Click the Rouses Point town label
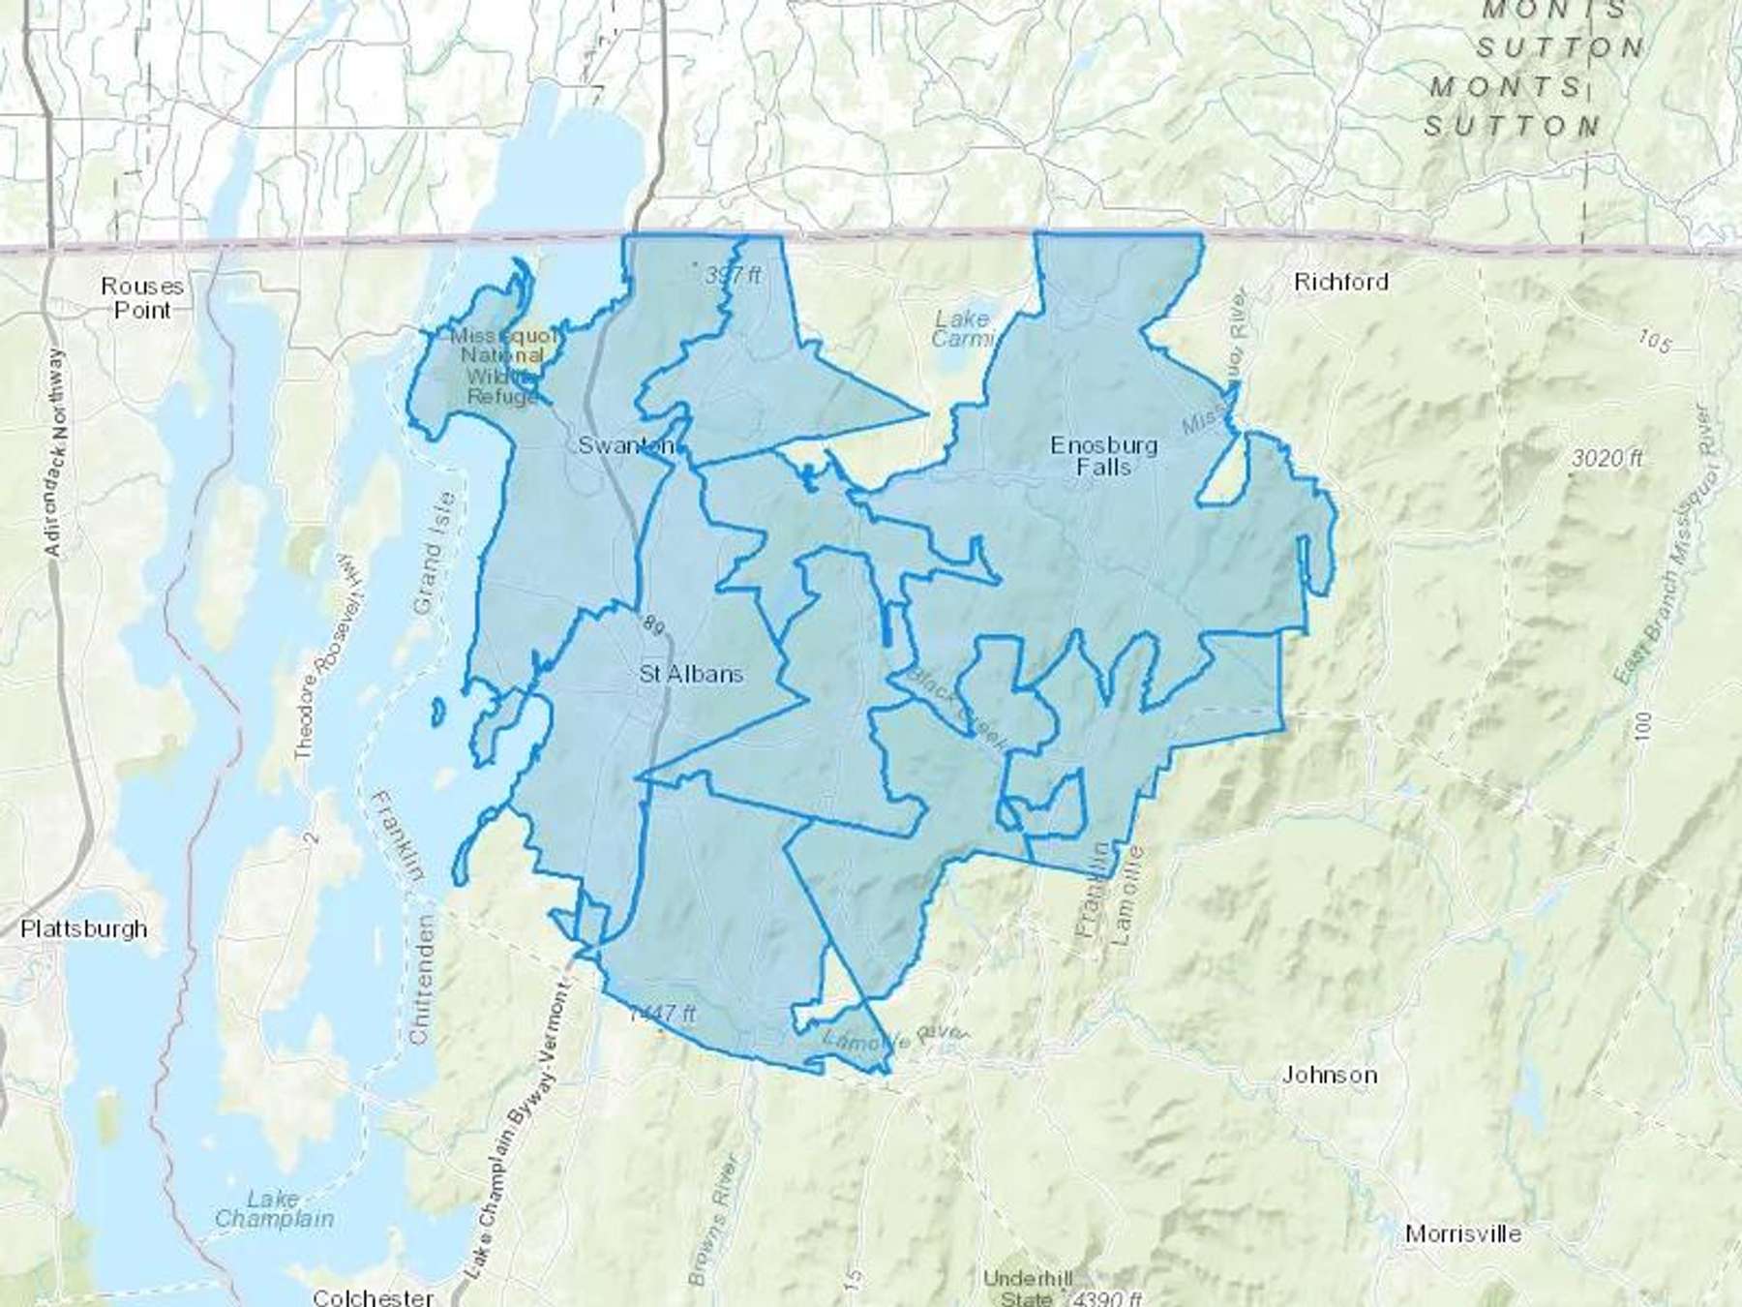pyautogui.click(x=141, y=298)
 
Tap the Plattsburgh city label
pyautogui.click(x=84, y=929)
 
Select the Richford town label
pyautogui.click(x=1340, y=282)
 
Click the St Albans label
pyautogui.click(x=691, y=674)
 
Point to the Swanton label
pyautogui.click(x=626, y=445)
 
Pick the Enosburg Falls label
pyautogui.click(x=1103, y=456)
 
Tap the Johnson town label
pyautogui.click(x=1329, y=1075)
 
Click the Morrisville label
pyautogui.click(x=1462, y=1233)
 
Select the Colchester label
pyautogui.click(x=373, y=1296)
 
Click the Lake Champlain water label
pyautogui.click(x=274, y=1209)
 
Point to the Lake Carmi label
pyautogui.click(x=962, y=328)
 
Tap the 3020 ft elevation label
pyautogui.click(x=1607, y=458)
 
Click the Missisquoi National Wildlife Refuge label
pyautogui.click(x=503, y=366)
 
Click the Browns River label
pyautogui.click(x=715, y=1220)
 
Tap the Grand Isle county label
pyautogui.click(x=433, y=553)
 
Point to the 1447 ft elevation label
pyautogui.click(x=662, y=1014)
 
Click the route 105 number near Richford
pyautogui.click(x=1656, y=340)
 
